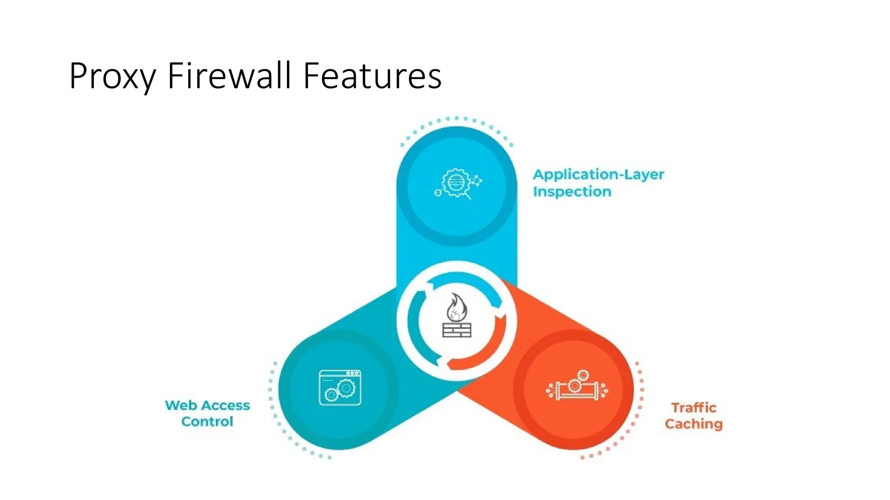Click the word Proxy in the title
tap(112, 77)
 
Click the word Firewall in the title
tap(229, 76)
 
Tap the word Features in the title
tap(372, 76)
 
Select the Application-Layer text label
tap(598, 175)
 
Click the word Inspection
tap(572, 192)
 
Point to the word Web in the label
tap(179, 405)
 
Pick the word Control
tap(207, 421)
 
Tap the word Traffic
tap(694, 408)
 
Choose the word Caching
tap(694, 424)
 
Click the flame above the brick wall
tap(456, 307)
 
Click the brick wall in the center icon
tap(457, 330)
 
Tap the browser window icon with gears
tap(340, 388)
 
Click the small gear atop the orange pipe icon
tap(583, 375)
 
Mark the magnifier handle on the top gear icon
tap(468, 197)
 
